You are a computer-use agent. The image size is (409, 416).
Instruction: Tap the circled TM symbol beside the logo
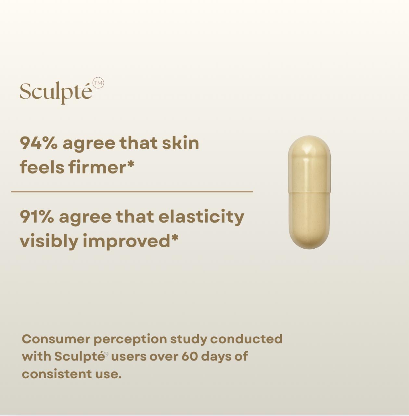(98, 83)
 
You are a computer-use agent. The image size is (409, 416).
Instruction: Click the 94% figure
(39, 143)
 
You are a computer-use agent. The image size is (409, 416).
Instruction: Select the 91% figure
(37, 216)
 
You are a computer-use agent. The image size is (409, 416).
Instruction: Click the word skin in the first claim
(180, 143)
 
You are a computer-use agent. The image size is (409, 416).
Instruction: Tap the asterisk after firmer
(130, 164)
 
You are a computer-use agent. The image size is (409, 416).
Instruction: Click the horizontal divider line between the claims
(132, 192)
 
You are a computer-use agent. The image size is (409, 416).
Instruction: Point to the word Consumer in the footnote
(56, 339)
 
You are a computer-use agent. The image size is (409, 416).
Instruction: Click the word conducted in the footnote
(246, 339)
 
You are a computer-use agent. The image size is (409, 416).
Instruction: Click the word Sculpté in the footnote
(79, 357)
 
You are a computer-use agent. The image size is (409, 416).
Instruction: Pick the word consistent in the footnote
(57, 374)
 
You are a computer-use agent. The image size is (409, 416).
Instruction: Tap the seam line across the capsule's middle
(309, 192)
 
